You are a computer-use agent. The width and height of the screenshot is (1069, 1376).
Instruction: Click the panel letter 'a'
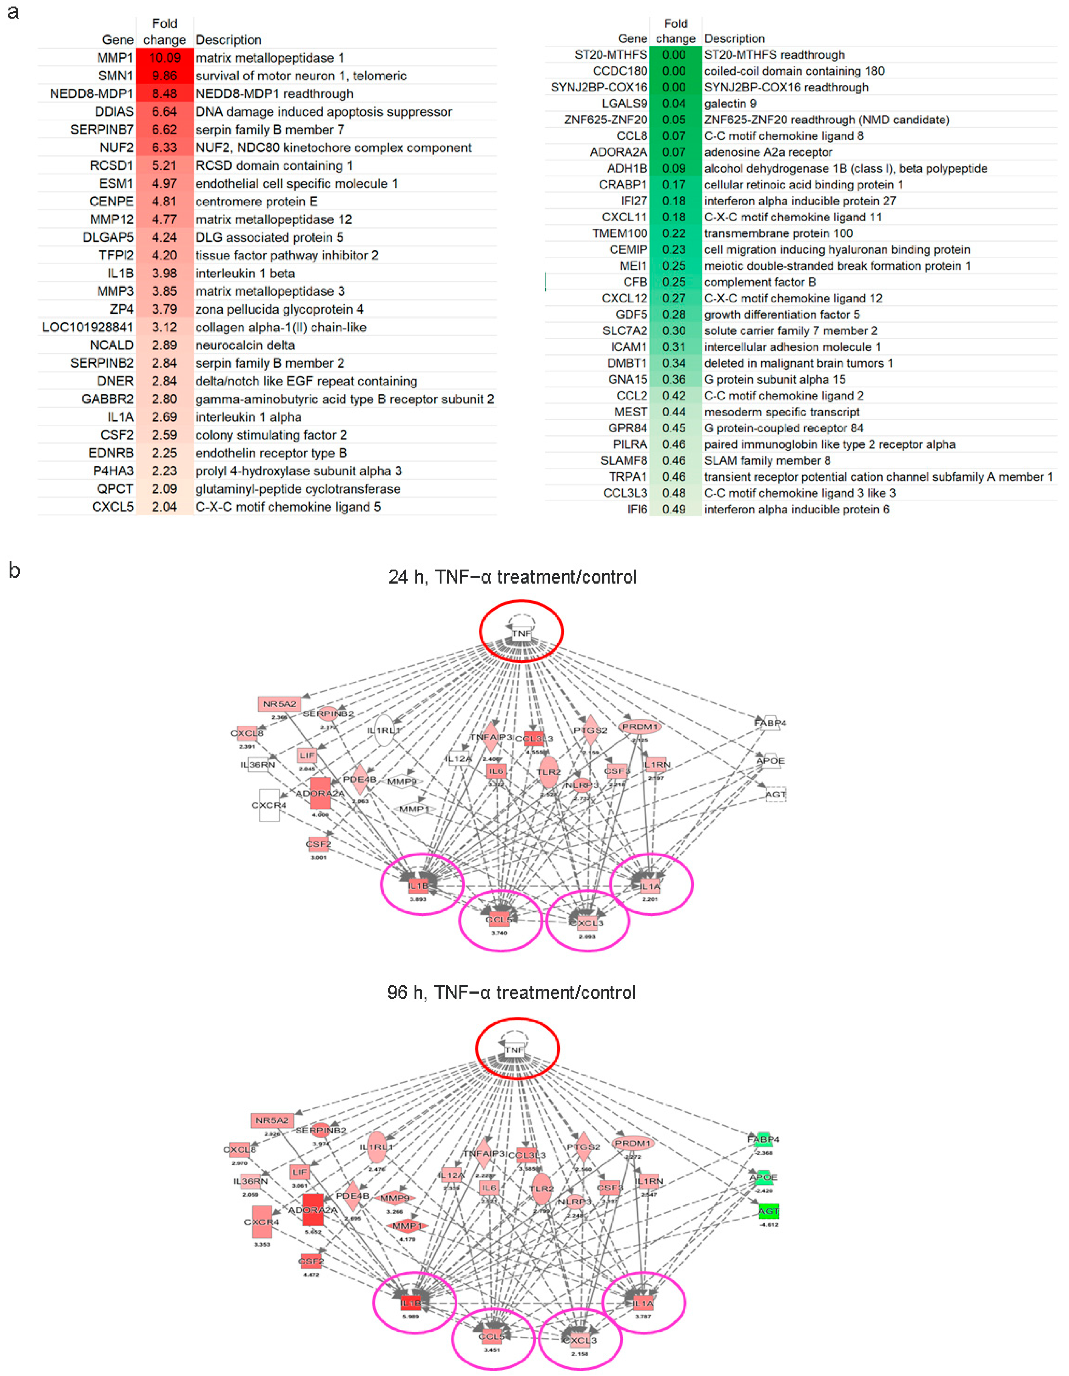(x=13, y=13)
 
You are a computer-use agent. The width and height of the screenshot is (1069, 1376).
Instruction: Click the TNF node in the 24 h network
(x=521, y=633)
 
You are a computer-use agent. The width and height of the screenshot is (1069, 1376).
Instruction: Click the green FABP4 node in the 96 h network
(x=763, y=1139)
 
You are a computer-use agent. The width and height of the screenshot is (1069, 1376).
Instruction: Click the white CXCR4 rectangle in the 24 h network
(x=269, y=805)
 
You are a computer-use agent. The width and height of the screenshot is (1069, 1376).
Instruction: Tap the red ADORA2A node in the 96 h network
(x=313, y=1210)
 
